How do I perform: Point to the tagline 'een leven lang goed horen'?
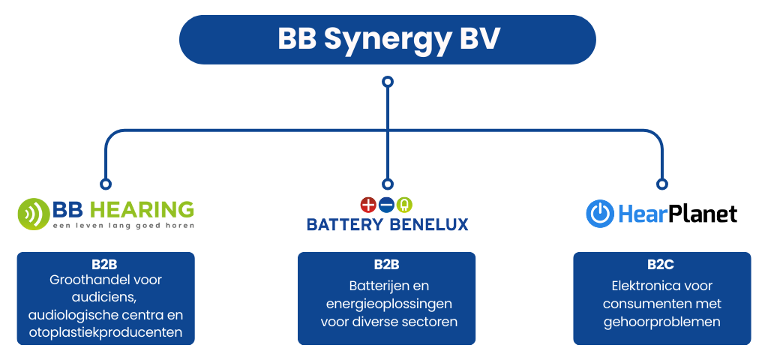[x=123, y=225]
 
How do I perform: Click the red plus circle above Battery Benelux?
[x=367, y=204]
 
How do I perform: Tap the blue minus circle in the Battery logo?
[x=386, y=204]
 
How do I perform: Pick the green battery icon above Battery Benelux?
[x=405, y=204]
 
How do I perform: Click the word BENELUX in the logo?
[x=431, y=223]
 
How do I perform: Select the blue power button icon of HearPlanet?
[x=600, y=214]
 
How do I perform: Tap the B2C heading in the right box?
[x=661, y=265]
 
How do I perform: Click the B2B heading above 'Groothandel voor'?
[x=105, y=265]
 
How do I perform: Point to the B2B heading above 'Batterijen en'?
[x=386, y=265]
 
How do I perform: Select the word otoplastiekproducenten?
[x=106, y=332]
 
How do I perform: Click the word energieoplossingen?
[x=386, y=304]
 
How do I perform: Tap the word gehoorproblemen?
[x=661, y=322]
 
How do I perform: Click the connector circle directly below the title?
[x=387, y=81]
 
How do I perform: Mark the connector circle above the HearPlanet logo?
[x=661, y=183]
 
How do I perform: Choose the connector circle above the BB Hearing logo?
[x=106, y=183]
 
